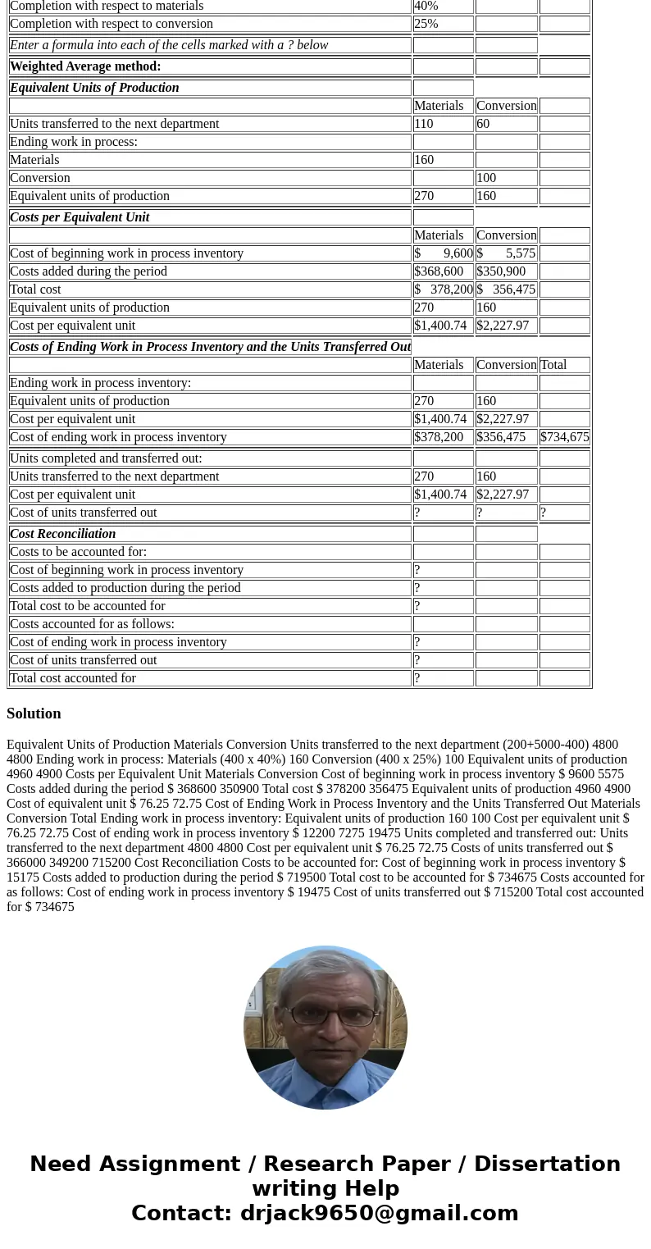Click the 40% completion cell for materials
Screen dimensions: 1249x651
426,6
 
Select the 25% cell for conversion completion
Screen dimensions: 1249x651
426,24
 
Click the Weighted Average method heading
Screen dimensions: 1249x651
85,66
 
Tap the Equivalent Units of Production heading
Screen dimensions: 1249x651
94,88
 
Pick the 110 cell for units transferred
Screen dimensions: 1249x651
424,124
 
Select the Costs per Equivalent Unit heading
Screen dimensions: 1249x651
80,217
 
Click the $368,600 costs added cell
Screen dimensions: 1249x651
439,271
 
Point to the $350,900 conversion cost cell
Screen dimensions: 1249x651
501,271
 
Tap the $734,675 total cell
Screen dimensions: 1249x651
565,437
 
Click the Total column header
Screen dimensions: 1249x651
553,365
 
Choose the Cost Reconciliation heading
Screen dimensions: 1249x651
63,534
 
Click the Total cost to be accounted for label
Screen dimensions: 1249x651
88,606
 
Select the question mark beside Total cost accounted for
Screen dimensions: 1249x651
417,678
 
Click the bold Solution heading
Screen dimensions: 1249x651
34,713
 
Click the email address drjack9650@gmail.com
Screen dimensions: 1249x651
379,1213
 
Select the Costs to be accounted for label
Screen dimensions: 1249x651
78,552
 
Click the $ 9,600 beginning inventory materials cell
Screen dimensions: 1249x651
444,253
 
